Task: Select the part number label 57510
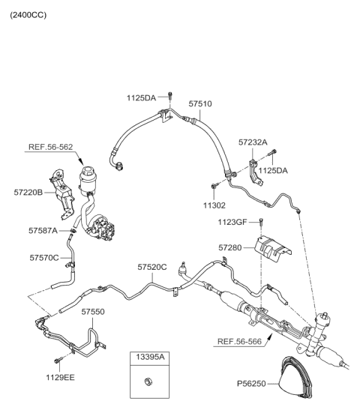[x=199, y=105]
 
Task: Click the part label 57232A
[x=253, y=141]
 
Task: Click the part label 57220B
[x=29, y=193]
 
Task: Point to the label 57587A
[x=43, y=231]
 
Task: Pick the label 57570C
[x=44, y=258]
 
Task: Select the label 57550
[x=93, y=310]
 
